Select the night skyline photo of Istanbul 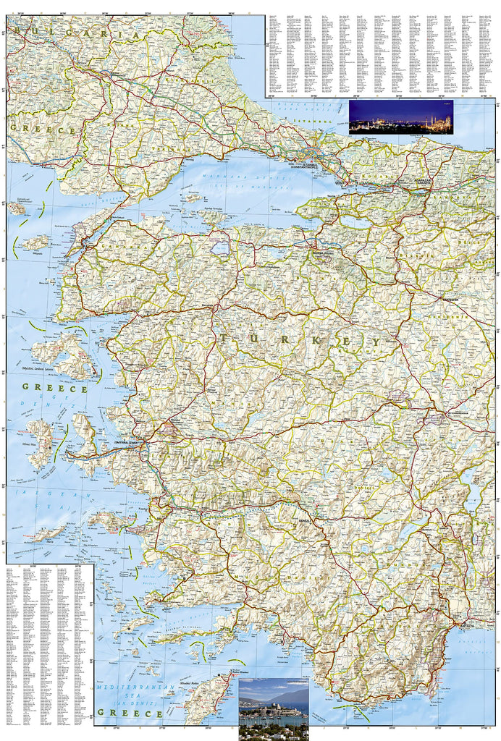400,117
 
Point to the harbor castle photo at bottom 273,708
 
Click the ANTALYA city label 463,624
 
